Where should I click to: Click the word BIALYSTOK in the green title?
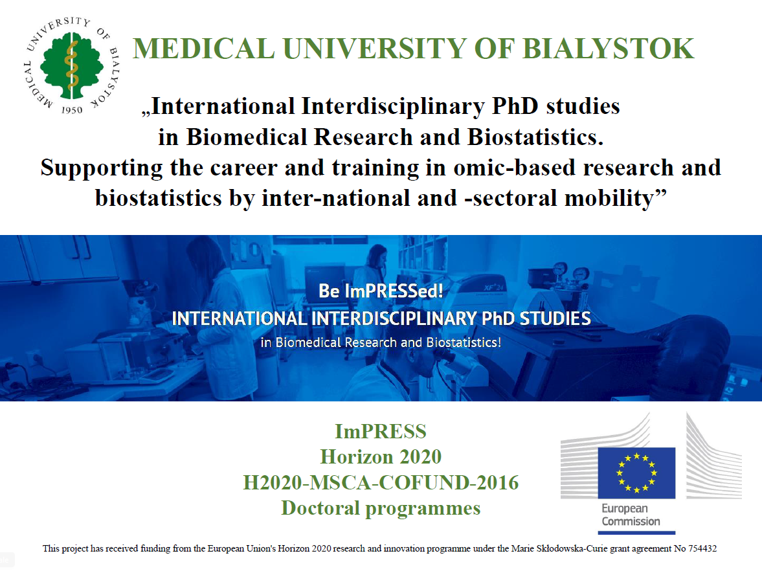point(608,49)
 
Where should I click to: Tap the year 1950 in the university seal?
point(72,110)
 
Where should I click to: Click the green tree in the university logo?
point(72,65)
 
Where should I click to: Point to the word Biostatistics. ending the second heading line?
point(535,137)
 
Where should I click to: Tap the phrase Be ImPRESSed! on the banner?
point(381,291)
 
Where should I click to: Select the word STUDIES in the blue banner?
point(555,319)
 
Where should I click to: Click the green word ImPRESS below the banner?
point(381,431)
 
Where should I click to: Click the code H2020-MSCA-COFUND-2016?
point(381,482)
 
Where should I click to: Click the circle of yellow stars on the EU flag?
point(636,473)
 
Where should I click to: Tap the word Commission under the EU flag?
point(631,521)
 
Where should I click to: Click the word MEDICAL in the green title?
point(204,49)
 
